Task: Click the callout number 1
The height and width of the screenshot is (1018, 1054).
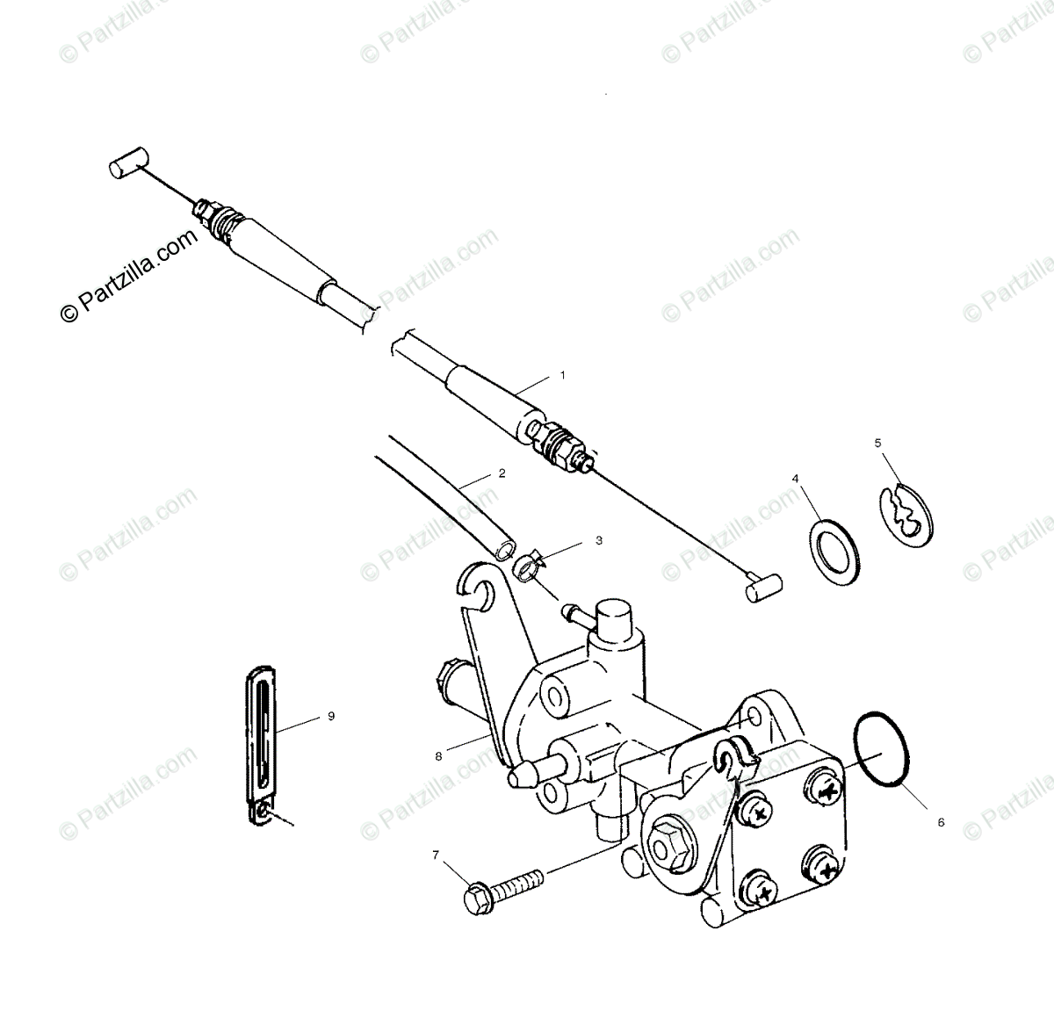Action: click(562, 374)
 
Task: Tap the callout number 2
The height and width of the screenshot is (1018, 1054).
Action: click(502, 473)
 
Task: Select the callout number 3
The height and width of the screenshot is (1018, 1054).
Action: click(599, 540)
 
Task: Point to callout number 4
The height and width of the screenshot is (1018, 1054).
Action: click(796, 479)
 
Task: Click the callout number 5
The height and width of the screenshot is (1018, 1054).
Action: click(878, 444)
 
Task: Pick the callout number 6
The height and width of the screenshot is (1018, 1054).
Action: click(941, 823)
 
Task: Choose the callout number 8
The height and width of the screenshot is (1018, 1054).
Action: click(439, 753)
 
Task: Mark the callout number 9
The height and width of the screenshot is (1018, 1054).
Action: click(331, 716)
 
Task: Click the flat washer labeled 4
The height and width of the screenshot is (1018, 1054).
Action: click(833, 552)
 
